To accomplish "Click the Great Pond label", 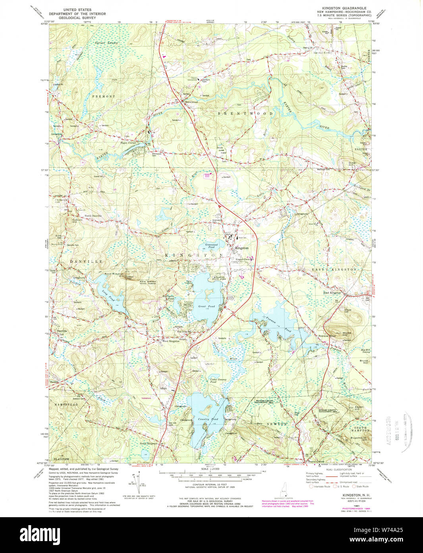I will click(x=206, y=306).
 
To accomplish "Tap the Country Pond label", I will click(x=209, y=419).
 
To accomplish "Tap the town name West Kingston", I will click(x=171, y=341).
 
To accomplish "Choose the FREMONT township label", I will click(x=103, y=97).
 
